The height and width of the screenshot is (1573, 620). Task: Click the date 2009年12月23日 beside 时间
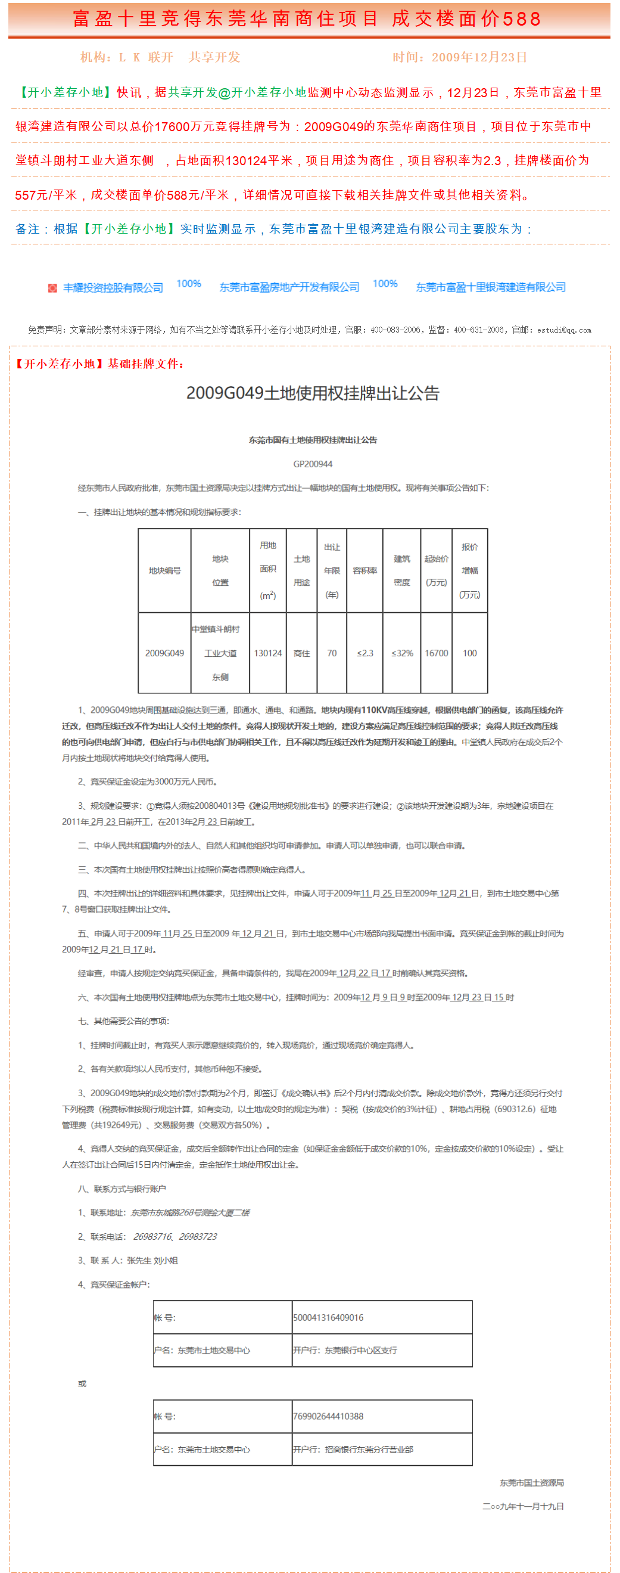point(479,57)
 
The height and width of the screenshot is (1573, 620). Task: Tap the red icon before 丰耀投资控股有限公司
point(52,288)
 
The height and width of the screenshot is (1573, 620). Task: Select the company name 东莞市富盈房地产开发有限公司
point(289,287)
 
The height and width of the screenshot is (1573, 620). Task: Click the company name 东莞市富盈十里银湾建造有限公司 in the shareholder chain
point(491,287)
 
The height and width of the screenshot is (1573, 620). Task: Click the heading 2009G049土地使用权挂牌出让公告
point(313,393)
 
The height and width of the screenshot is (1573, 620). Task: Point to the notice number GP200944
point(313,464)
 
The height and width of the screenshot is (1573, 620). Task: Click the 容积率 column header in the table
point(365,570)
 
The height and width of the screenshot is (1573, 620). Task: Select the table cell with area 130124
point(268,653)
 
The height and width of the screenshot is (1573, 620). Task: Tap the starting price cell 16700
point(437,653)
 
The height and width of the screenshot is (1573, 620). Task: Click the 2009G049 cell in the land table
point(165,653)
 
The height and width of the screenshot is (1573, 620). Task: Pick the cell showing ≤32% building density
point(402,653)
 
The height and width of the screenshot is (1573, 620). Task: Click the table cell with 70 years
point(332,653)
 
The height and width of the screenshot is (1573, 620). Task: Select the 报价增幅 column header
point(470,570)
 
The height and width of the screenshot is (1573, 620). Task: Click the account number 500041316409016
point(328,1318)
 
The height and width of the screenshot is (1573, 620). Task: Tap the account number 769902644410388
point(328,1416)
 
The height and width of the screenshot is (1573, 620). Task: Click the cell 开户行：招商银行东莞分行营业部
point(353,1450)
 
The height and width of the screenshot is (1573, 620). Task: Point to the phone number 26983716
point(152,1237)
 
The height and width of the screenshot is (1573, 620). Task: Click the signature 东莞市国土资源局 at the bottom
point(531,1482)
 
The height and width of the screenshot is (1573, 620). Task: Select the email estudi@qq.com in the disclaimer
point(564,330)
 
